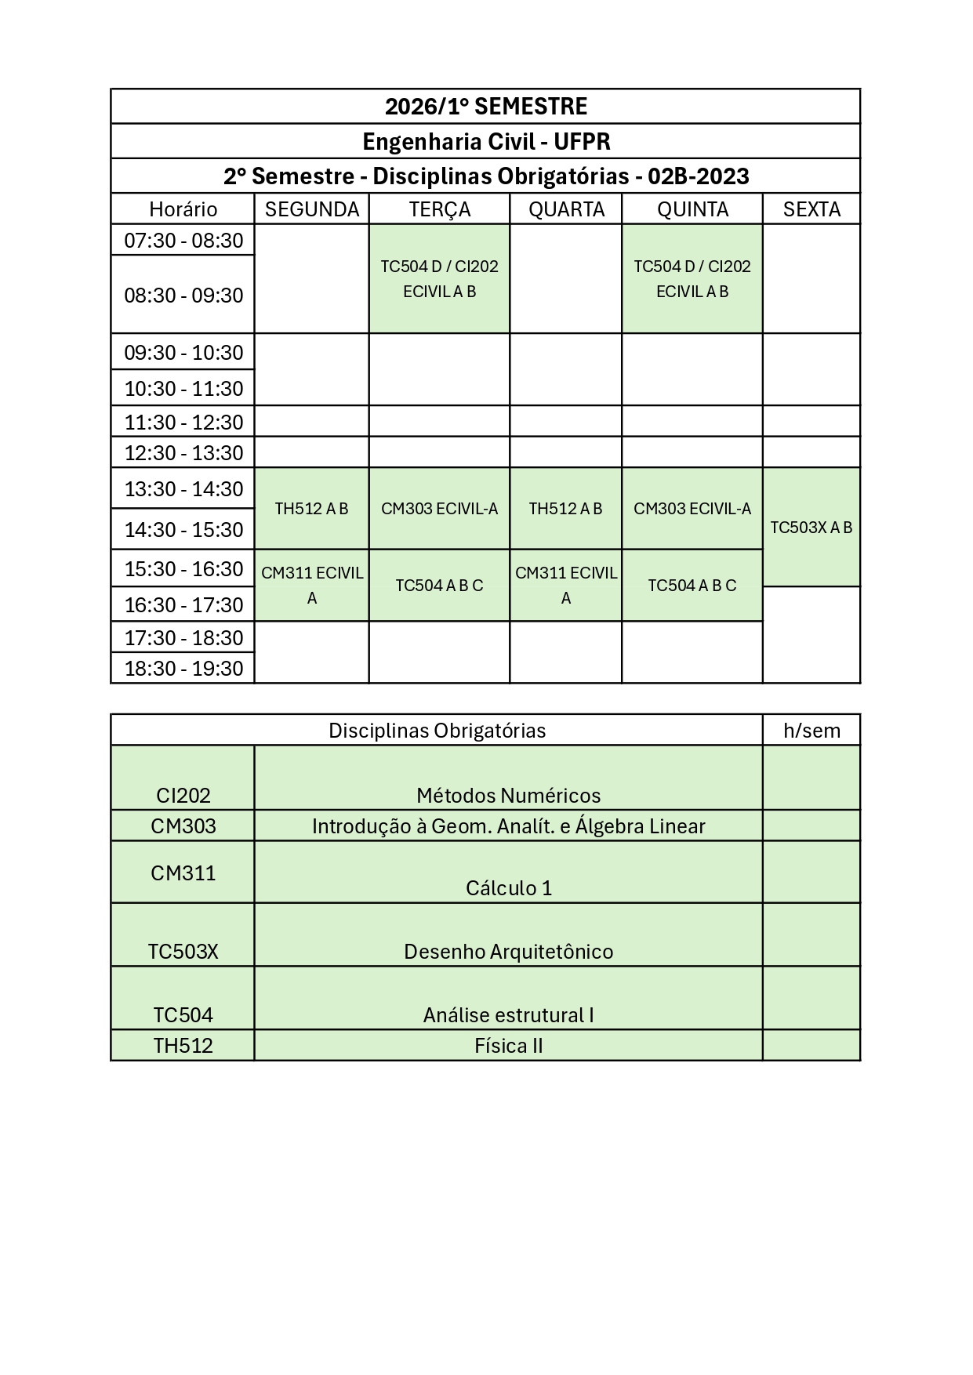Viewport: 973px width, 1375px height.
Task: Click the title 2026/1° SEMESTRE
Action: coord(485,107)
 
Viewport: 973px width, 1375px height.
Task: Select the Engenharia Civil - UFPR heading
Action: coord(485,142)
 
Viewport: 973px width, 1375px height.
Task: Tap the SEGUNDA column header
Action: coord(311,209)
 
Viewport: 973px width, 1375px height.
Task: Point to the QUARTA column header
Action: coord(566,209)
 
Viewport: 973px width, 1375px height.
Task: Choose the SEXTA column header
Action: coord(811,209)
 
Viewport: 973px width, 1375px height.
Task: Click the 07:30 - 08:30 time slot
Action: coord(183,241)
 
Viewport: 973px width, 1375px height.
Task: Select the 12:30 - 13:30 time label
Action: coord(183,453)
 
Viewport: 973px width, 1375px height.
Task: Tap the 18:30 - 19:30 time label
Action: coord(183,669)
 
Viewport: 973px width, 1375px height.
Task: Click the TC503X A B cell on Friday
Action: coord(811,528)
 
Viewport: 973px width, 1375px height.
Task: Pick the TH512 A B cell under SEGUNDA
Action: coord(311,509)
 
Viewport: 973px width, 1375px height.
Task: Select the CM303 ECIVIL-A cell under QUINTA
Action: coord(692,509)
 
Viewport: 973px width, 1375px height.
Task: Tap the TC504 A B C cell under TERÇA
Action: coord(439,586)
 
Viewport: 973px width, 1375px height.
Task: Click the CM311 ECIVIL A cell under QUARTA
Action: coord(565,586)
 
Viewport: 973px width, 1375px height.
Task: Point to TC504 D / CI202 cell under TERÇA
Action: coord(439,279)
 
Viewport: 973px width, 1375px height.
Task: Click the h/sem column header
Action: coord(811,731)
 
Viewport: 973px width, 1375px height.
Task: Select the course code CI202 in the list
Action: coord(183,796)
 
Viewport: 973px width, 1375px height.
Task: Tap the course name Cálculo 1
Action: coord(509,888)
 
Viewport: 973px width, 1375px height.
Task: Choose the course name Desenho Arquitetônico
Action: coord(509,952)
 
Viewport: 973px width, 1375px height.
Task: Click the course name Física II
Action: coord(509,1046)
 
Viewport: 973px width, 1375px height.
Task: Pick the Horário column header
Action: coord(183,209)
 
